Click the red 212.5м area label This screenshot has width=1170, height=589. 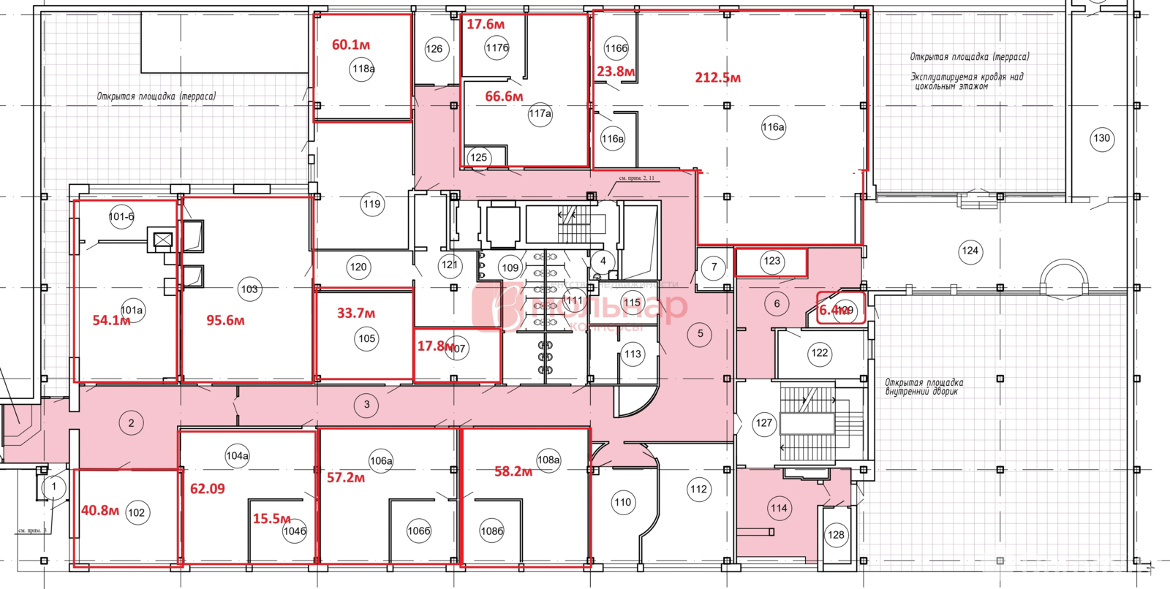click(x=717, y=77)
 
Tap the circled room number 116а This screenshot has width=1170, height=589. click(x=773, y=127)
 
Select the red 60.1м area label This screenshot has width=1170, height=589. click(x=351, y=45)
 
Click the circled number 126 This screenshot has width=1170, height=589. click(x=434, y=49)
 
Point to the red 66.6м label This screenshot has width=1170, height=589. click(x=504, y=96)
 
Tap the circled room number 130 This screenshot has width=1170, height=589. click(x=1101, y=138)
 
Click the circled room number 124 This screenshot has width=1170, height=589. click(x=970, y=251)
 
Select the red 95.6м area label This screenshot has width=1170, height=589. click(x=225, y=320)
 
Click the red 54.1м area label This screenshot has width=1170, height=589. click(x=110, y=320)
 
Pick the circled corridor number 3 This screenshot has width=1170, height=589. click(x=367, y=404)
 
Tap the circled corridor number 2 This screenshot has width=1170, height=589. click(x=132, y=423)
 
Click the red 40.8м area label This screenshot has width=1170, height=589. click(x=99, y=511)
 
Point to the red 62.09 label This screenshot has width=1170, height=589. click(x=208, y=489)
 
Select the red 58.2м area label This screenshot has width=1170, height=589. click(x=513, y=471)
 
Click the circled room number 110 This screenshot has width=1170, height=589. click(x=623, y=502)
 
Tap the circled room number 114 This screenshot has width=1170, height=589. click(x=779, y=509)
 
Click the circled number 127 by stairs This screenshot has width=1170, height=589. click(x=764, y=423)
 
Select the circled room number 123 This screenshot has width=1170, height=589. click(x=772, y=261)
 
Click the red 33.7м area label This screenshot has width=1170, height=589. click(x=356, y=313)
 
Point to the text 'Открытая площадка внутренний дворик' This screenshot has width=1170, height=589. click(x=924, y=387)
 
